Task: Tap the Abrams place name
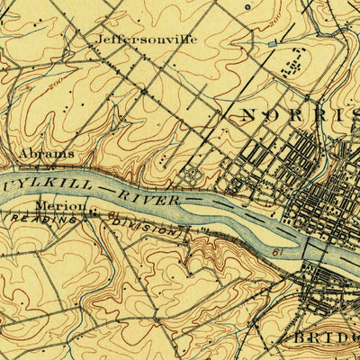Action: click(x=46, y=154)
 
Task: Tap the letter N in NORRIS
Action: click(x=249, y=115)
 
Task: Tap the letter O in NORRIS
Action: click(x=273, y=115)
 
